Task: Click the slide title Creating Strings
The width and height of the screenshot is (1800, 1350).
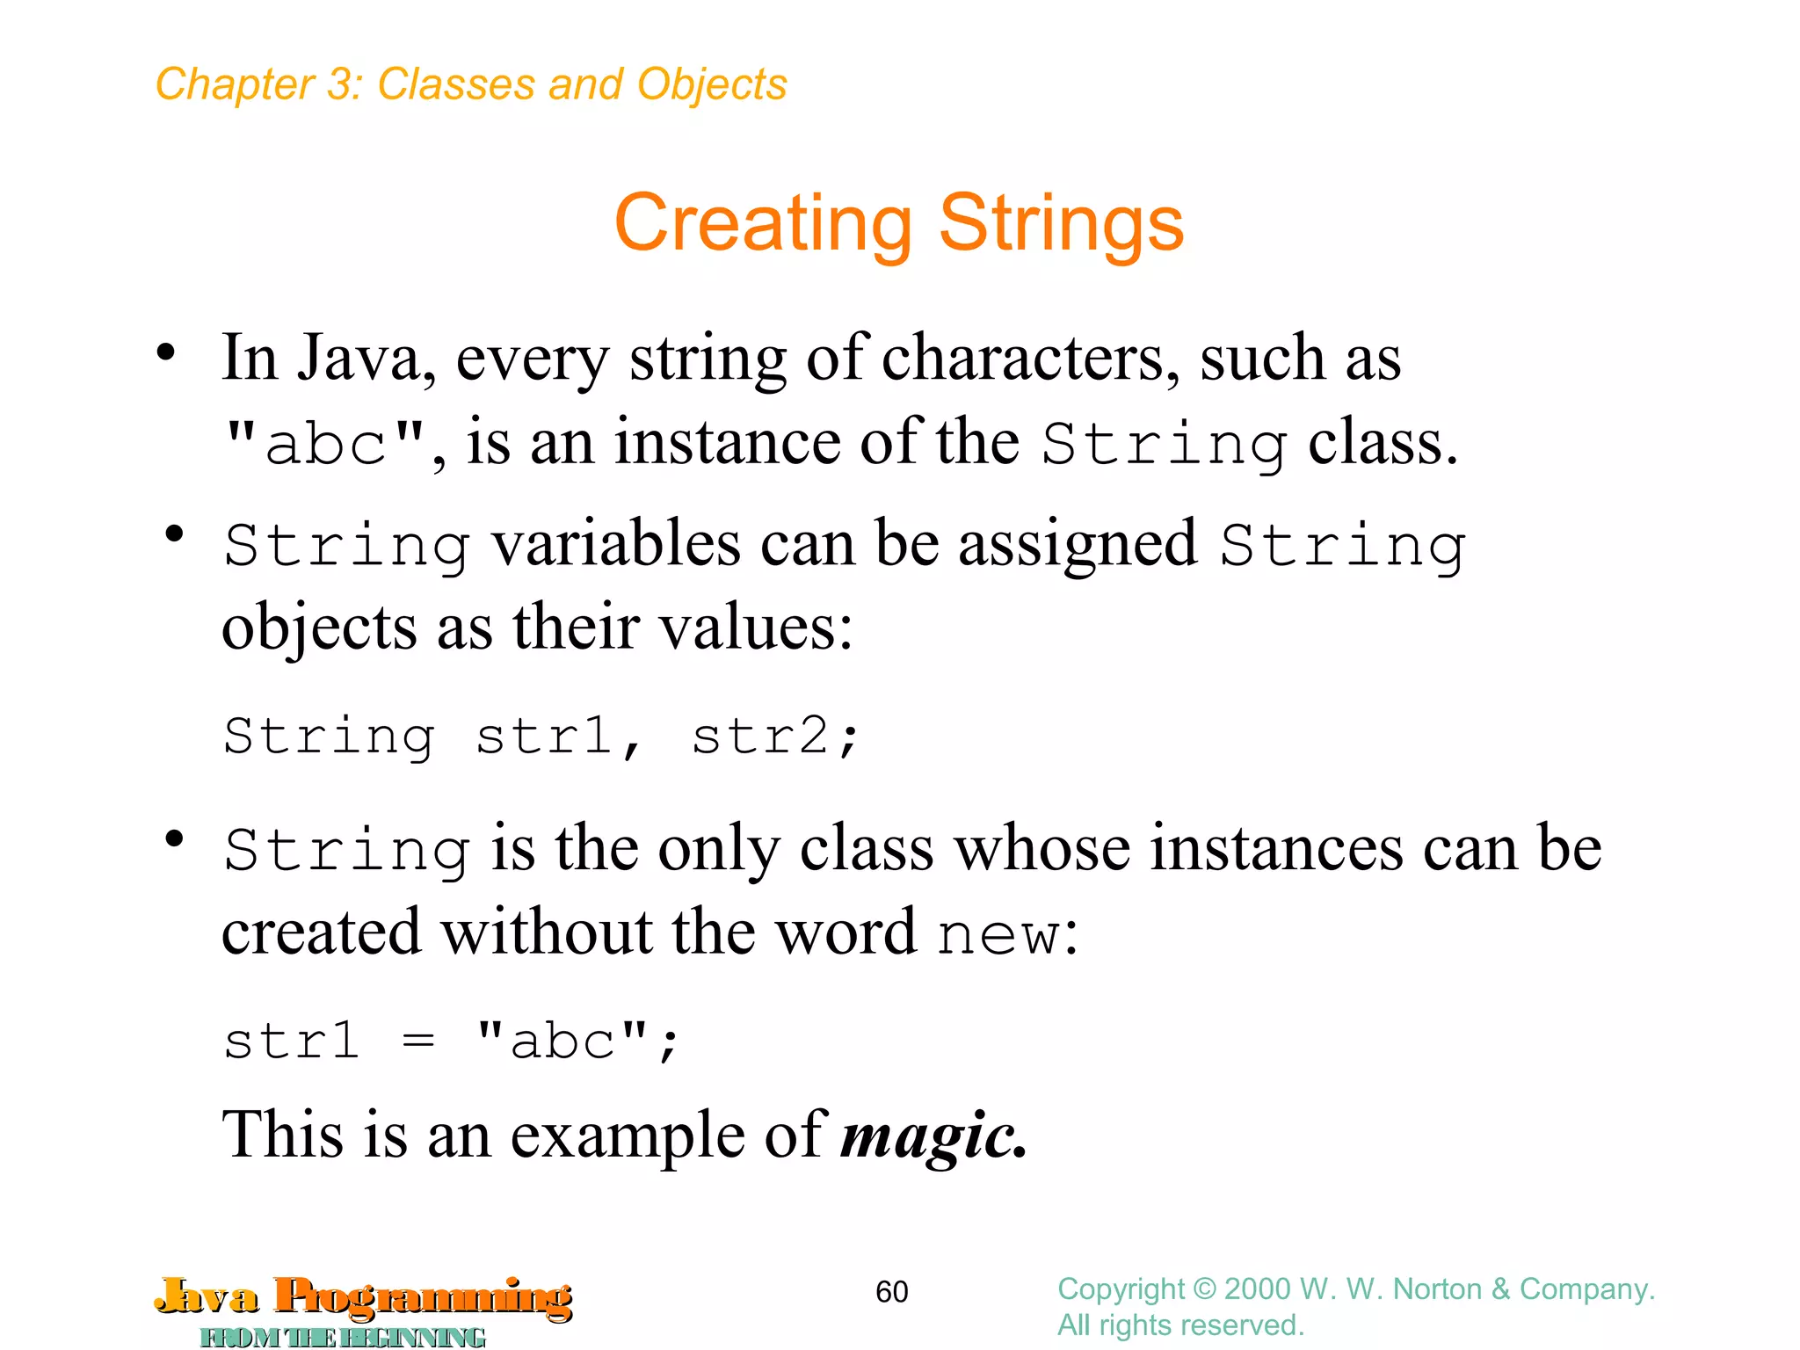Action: point(898,223)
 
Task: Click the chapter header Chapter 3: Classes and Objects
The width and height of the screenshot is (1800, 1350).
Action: point(471,85)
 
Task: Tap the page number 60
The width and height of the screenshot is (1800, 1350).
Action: point(891,1291)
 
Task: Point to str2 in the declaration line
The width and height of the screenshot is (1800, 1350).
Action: point(760,737)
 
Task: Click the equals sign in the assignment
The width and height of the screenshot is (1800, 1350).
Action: point(418,1042)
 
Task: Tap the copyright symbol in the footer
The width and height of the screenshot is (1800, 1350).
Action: point(1204,1289)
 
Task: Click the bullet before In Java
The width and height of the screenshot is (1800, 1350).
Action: point(166,353)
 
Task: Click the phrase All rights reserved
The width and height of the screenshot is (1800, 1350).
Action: point(1180,1325)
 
